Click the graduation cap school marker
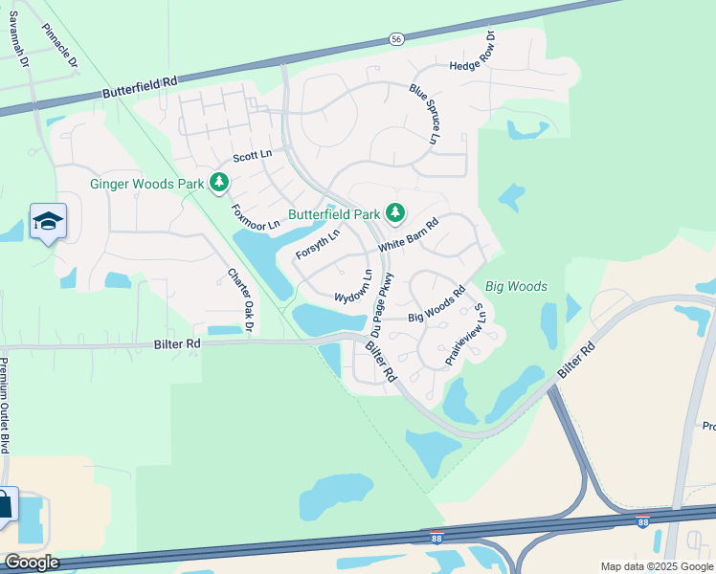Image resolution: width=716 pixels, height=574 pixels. [x=48, y=222]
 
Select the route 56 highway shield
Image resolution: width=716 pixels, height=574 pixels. [x=396, y=39]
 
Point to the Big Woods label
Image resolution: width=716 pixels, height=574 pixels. [x=516, y=286]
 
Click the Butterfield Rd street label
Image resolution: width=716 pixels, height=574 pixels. [x=141, y=89]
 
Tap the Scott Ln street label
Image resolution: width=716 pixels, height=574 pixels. [x=253, y=155]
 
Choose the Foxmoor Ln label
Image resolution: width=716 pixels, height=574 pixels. [x=256, y=216]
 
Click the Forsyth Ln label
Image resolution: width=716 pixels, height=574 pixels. [x=318, y=245]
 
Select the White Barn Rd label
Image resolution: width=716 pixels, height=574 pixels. [x=408, y=235]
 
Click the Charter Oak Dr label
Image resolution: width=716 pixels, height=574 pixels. [x=239, y=300]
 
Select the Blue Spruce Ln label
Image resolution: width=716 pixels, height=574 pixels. [x=424, y=115]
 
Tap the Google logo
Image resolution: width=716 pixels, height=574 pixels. [x=31, y=563]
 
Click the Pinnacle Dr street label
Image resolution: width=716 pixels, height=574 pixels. [x=60, y=45]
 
